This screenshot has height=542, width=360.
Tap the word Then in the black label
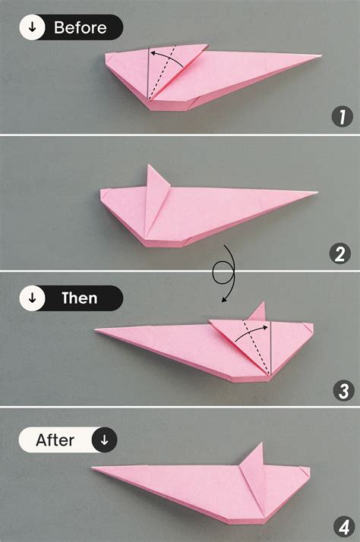click(x=80, y=298)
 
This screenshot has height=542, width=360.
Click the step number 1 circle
click(x=343, y=117)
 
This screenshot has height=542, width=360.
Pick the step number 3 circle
click(x=343, y=390)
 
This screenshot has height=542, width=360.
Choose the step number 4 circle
click(x=343, y=525)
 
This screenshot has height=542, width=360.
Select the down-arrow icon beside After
click(x=104, y=440)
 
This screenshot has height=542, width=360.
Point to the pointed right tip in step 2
click(x=313, y=193)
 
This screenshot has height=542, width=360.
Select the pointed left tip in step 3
click(x=98, y=331)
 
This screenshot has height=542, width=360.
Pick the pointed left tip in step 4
click(x=94, y=469)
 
